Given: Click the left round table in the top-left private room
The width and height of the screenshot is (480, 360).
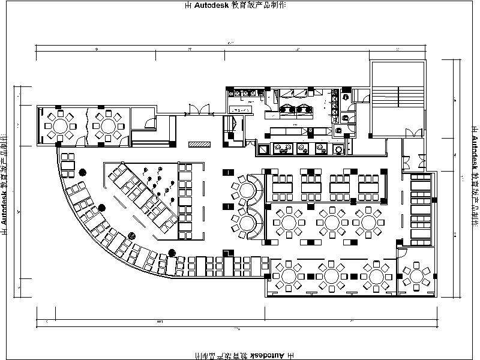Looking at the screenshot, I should (x=61, y=125).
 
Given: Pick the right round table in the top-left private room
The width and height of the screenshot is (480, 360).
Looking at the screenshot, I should (x=108, y=125).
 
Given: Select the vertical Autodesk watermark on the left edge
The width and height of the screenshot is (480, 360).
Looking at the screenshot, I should (x=5, y=180).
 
